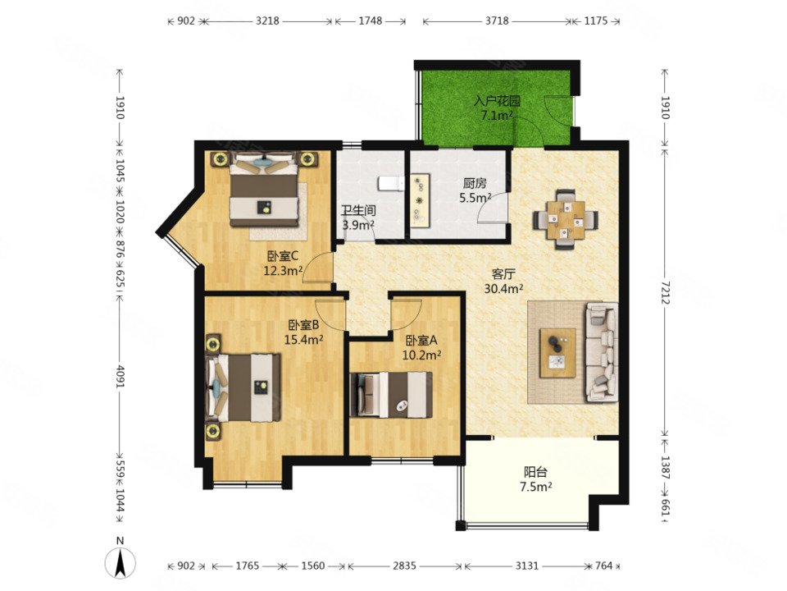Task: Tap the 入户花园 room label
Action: (x=497, y=100)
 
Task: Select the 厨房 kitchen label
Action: (x=475, y=183)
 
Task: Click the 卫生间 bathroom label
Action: (x=358, y=211)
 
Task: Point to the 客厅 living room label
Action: (x=503, y=274)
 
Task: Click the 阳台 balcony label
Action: (x=535, y=473)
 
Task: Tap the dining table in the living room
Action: (x=565, y=219)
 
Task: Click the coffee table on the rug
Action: (x=557, y=352)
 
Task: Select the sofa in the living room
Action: (x=601, y=352)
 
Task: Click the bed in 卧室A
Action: (x=391, y=395)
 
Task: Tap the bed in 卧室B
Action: (x=243, y=387)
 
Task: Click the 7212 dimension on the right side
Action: (x=665, y=292)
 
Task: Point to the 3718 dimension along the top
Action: (x=497, y=21)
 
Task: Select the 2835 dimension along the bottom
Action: (x=404, y=566)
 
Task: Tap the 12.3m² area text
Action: (x=283, y=271)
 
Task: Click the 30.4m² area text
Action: (x=504, y=288)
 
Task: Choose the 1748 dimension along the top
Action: (x=371, y=21)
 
